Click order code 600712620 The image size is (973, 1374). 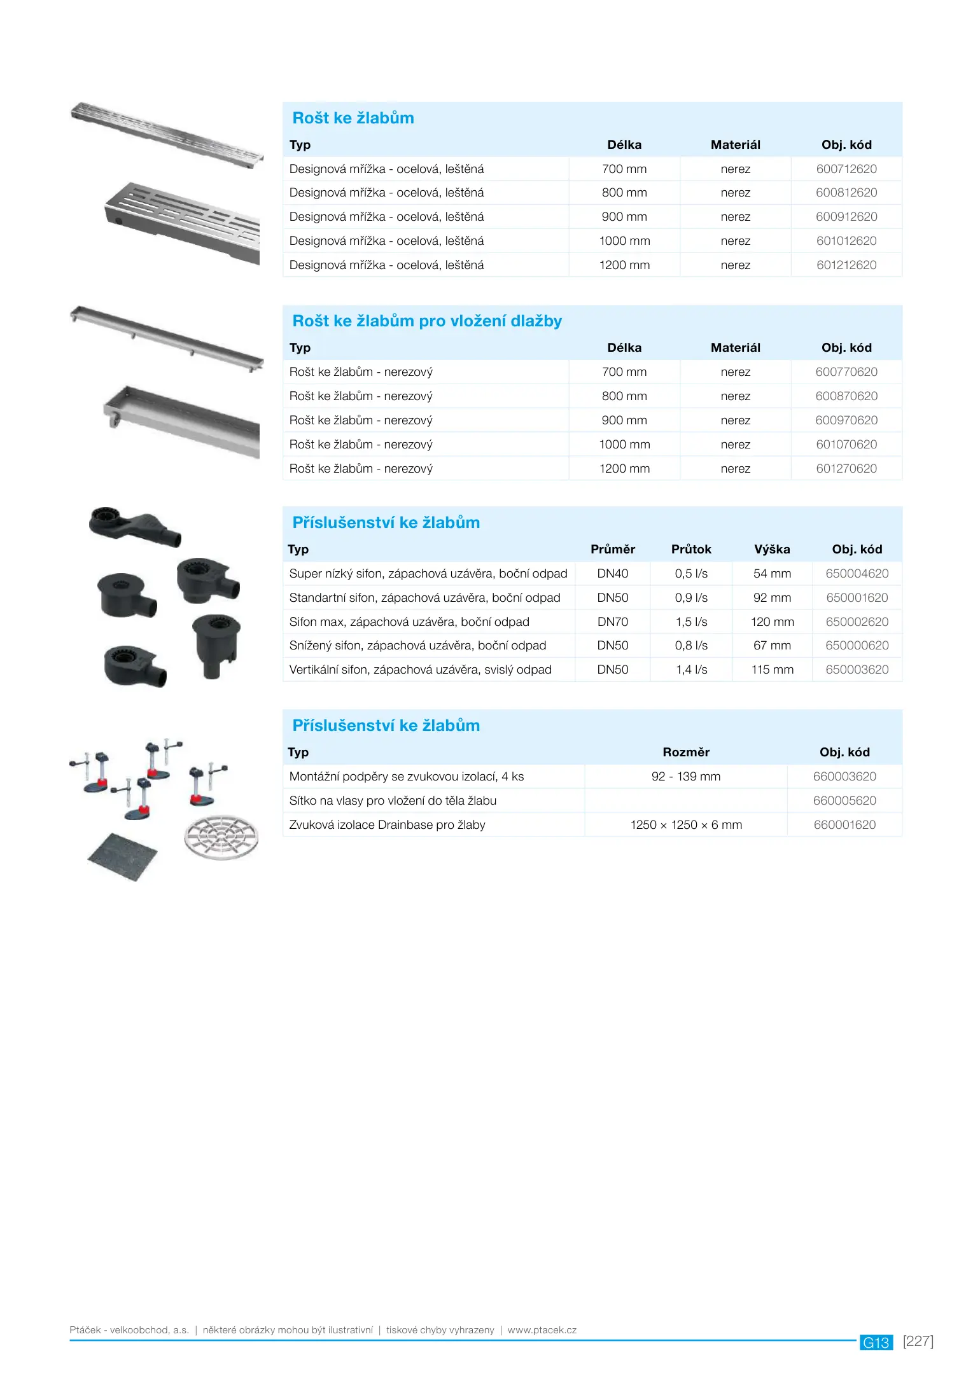tap(846, 169)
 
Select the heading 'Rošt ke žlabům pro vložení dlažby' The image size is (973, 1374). tap(427, 321)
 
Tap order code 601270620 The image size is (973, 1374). tap(846, 469)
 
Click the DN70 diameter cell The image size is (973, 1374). tap(612, 622)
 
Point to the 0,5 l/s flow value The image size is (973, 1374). tap(691, 574)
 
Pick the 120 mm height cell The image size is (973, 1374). tap(772, 622)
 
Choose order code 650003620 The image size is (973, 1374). tap(857, 670)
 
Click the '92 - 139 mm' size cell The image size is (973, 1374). tap(685, 777)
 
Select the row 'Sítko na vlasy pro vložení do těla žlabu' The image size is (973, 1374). tap(393, 801)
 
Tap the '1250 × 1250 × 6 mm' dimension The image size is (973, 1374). tap(685, 825)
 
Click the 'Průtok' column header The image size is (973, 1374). tap(691, 550)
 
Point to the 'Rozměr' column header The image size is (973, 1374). tap(685, 753)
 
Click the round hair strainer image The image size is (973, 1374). tap(221, 837)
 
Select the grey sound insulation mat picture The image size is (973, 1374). tap(122, 856)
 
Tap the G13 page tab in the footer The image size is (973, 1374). tap(876, 1342)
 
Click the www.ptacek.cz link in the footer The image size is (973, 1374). tap(542, 1330)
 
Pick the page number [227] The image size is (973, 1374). tap(918, 1341)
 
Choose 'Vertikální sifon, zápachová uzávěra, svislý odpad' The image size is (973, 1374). tap(420, 670)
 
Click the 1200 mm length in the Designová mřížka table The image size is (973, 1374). tap(624, 265)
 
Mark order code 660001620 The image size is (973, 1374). tap(844, 825)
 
